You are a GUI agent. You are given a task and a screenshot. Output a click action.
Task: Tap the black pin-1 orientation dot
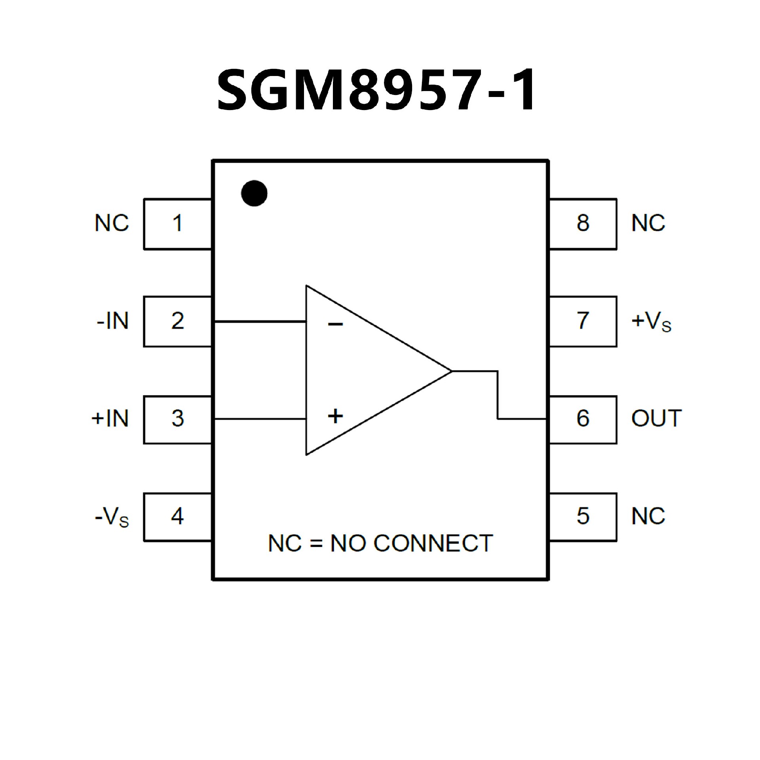coord(254,193)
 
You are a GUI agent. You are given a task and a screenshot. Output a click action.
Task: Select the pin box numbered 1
coord(177,224)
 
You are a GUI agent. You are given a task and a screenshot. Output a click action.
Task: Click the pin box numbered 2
coord(177,321)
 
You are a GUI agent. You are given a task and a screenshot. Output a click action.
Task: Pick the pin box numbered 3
coord(177,419)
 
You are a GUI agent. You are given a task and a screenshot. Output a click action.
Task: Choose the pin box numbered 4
coord(177,517)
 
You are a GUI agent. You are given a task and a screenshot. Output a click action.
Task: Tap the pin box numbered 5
coord(583,517)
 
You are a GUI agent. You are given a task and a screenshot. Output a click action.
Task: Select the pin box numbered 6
coord(583,419)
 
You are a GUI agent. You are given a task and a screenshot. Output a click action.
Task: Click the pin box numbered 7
coord(583,321)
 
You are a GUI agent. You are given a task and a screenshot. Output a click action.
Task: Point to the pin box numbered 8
coord(583,224)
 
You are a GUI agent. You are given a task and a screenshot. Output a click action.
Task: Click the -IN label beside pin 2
coord(113,321)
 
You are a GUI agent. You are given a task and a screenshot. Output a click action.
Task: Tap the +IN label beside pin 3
coord(110,419)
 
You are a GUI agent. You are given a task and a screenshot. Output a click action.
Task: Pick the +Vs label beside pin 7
coord(651,322)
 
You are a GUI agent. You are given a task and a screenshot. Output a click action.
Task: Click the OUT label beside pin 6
coord(656,419)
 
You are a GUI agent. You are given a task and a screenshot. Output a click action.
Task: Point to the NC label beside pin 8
coord(648,224)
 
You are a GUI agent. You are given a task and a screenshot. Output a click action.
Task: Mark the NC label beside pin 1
coord(112,224)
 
